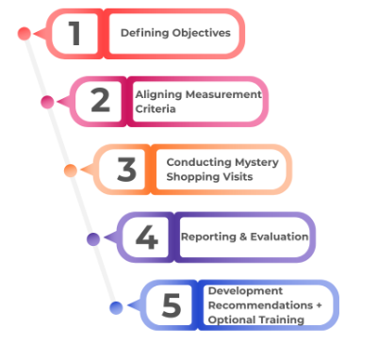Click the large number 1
point(75,33)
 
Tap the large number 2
point(100,101)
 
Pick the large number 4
point(147,237)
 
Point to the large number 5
point(171,304)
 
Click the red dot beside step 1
point(25,33)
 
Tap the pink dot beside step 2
point(47,101)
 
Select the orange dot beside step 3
point(71,170)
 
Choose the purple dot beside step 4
point(93,238)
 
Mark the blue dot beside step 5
point(116,306)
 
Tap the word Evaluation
point(277,237)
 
